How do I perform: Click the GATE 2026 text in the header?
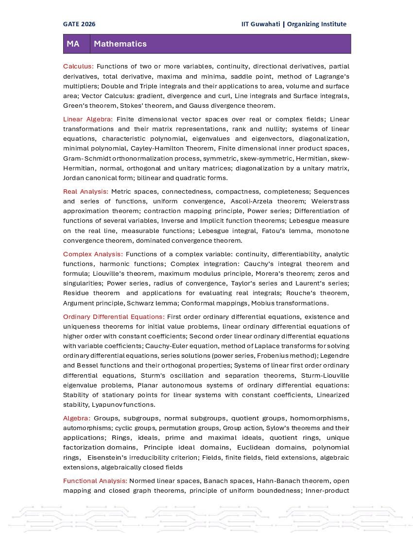(79, 24)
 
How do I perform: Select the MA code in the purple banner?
(73, 44)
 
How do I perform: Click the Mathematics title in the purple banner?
(120, 44)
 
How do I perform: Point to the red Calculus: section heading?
(78, 67)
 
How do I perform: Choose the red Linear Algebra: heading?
(88, 119)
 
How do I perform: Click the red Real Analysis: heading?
(86, 192)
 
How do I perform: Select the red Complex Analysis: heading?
(93, 254)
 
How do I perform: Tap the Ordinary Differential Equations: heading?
(114, 317)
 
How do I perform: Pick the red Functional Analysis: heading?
(95, 481)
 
